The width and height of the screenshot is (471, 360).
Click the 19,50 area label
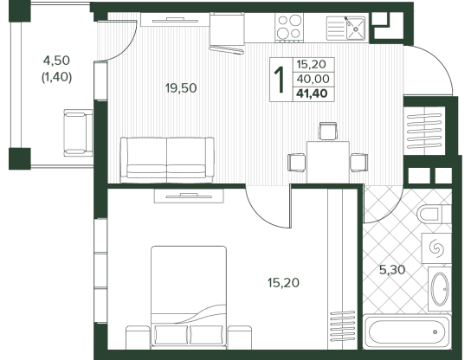click(x=181, y=88)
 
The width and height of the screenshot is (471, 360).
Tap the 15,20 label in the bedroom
click(x=283, y=282)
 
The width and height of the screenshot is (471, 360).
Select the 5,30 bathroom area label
click(x=392, y=270)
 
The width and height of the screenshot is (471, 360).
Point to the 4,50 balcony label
click(x=56, y=61)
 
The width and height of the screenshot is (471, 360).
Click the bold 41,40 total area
click(x=312, y=93)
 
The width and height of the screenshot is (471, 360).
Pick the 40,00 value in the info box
click(x=313, y=79)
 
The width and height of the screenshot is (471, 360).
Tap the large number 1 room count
click(x=281, y=80)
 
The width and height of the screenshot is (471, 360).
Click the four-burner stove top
click(x=289, y=28)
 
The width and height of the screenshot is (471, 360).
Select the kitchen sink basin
click(x=356, y=29)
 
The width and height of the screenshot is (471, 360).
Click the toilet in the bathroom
click(x=435, y=214)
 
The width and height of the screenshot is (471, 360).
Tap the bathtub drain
click(x=435, y=332)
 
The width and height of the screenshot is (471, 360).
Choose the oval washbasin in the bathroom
click(x=440, y=289)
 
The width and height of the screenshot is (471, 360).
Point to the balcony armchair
click(x=78, y=132)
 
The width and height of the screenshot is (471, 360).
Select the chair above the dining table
click(x=328, y=132)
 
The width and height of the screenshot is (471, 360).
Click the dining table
click(x=328, y=162)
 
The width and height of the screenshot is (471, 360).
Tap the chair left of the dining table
click(x=297, y=163)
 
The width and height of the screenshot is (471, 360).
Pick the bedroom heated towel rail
click(x=343, y=326)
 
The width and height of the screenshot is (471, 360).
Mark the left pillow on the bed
click(x=171, y=335)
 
